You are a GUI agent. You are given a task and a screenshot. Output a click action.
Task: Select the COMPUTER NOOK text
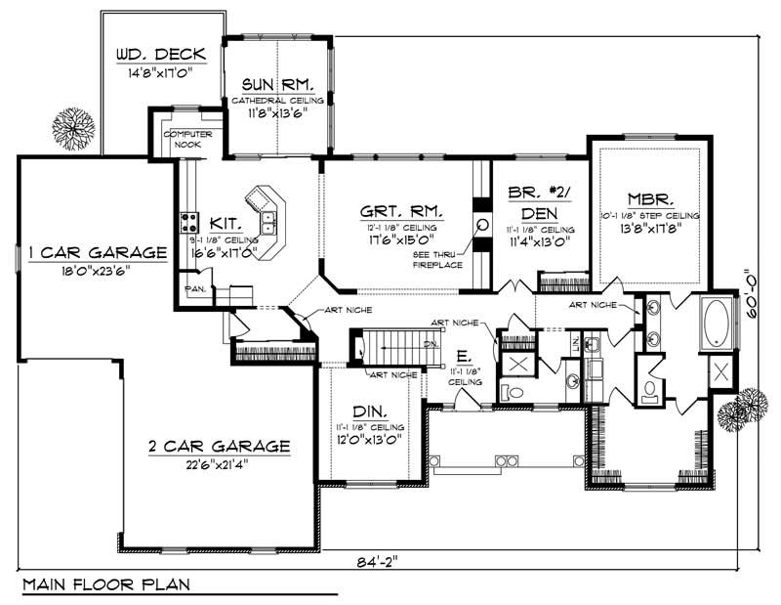point(182,139)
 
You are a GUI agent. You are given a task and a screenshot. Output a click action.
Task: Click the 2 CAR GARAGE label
point(219,447)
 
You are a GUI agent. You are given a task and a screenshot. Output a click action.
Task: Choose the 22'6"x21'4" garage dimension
point(219,465)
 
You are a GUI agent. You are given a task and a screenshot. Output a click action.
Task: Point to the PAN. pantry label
point(195,289)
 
